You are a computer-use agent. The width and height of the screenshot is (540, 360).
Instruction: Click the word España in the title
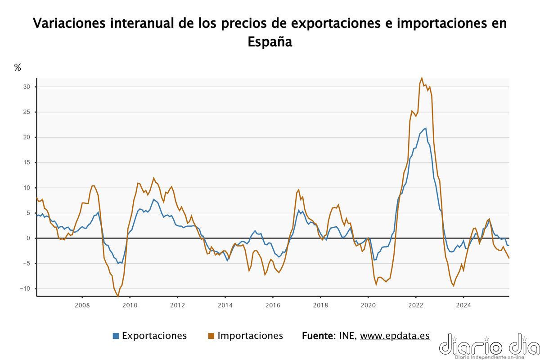(x=270, y=42)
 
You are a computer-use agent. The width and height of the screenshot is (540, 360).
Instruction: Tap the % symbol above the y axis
(x=18, y=68)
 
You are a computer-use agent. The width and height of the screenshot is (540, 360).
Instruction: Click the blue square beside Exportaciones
(x=116, y=336)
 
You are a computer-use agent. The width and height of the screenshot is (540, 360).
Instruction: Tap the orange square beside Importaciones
(x=211, y=336)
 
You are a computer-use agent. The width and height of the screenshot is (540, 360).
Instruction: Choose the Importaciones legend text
(x=250, y=336)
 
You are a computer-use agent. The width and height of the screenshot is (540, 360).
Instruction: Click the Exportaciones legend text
(x=154, y=336)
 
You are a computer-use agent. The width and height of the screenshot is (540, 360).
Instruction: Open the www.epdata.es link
(x=395, y=336)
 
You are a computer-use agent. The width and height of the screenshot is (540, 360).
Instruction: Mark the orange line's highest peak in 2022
(x=422, y=78)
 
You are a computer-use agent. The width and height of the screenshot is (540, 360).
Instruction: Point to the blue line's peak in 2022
(x=426, y=128)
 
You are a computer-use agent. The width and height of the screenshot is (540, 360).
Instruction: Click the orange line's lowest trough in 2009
(x=118, y=297)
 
